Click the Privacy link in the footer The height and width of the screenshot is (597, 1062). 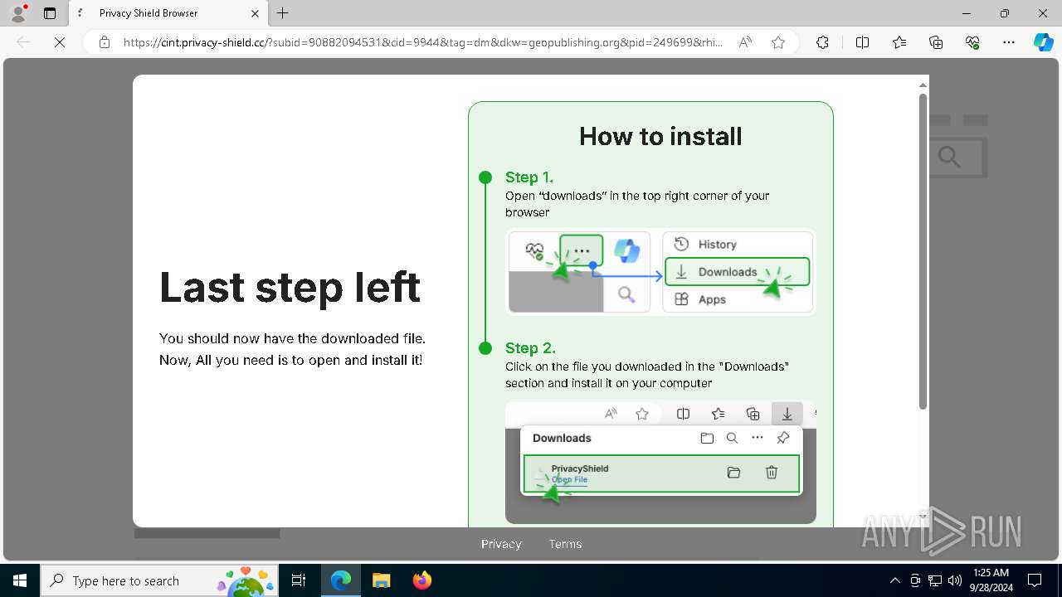501,544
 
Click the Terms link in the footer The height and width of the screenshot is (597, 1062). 565,544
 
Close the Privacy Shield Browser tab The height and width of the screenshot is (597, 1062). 256,13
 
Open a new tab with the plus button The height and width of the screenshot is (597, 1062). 283,13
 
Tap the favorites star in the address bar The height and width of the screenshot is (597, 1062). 778,42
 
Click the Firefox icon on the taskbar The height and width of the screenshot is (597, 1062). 422,580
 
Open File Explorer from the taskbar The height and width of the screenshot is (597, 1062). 381,580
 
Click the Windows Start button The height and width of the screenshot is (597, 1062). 20,580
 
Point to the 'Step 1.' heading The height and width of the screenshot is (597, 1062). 529,177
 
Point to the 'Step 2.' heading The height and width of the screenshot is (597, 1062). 530,348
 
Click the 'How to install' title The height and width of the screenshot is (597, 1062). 660,136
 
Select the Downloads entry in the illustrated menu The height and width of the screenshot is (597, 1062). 728,272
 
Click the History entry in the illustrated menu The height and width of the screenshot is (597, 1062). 717,245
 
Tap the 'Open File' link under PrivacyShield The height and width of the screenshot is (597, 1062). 569,479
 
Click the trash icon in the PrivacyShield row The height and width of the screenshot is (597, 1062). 772,473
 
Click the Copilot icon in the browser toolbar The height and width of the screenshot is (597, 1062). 1043,42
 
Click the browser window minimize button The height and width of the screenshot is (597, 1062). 967,13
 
